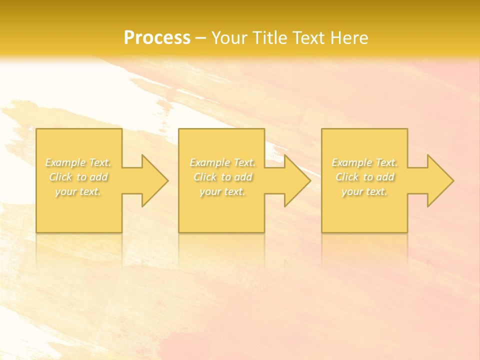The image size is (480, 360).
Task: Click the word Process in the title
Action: pos(157,37)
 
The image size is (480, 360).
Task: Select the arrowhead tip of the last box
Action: pos(452,180)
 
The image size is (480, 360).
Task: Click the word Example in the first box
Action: pos(65,162)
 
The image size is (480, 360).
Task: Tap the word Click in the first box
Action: pos(60,177)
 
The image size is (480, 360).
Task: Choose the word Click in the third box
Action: pos(347,177)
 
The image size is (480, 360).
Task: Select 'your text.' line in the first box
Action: pos(78,191)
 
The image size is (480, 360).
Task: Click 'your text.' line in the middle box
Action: pos(222,191)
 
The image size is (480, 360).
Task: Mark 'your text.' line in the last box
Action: pos(364,191)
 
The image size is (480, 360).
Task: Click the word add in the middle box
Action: pos(243,177)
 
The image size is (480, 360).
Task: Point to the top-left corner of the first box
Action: pos(36,129)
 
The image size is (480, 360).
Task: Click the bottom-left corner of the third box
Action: pos(322,232)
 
